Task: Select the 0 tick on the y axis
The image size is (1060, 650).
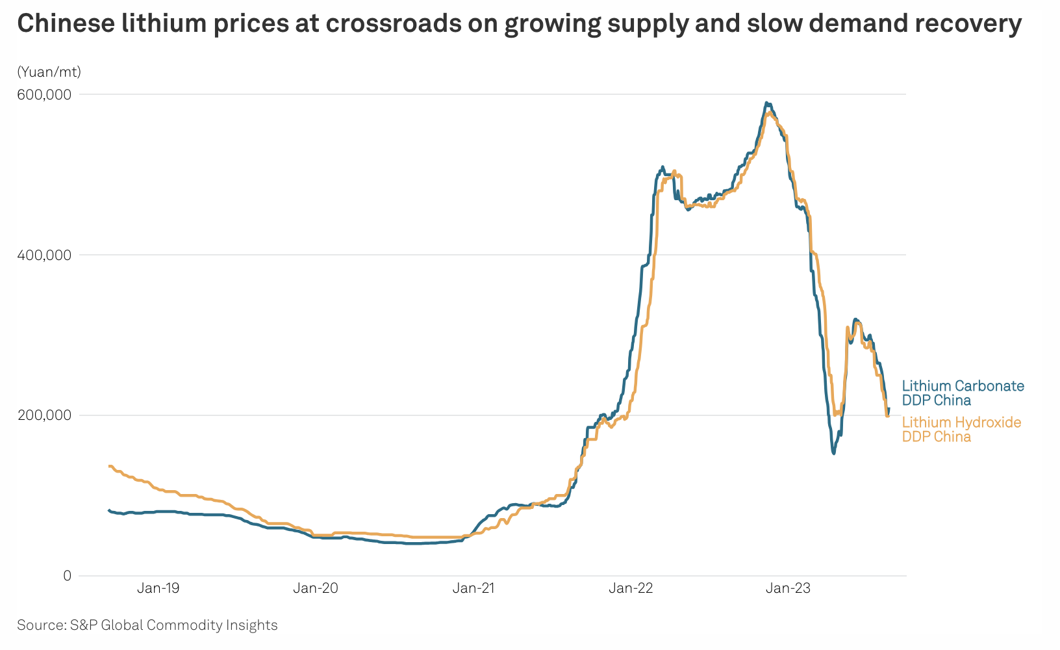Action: click(x=67, y=576)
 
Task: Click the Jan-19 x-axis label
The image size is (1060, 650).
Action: click(x=158, y=589)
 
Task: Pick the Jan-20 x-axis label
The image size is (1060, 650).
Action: click(x=315, y=589)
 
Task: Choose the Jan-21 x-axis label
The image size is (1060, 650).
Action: click(x=473, y=589)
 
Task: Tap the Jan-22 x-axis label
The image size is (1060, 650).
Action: click(x=631, y=589)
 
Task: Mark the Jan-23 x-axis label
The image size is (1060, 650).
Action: click(x=788, y=589)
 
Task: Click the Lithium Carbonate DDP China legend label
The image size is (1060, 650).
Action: click(x=963, y=393)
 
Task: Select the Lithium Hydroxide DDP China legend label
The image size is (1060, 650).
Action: click(x=961, y=430)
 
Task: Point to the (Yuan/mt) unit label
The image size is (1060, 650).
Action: click(x=49, y=72)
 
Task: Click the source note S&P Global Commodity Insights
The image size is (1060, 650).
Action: click(x=147, y=625)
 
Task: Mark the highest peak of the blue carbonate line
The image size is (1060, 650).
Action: click(x=767, y=103)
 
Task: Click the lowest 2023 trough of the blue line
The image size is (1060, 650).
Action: click(x=833, y=453)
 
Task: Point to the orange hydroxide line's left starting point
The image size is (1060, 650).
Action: click(x=108, y=466)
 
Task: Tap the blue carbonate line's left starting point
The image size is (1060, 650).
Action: click(x=108, y=510)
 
